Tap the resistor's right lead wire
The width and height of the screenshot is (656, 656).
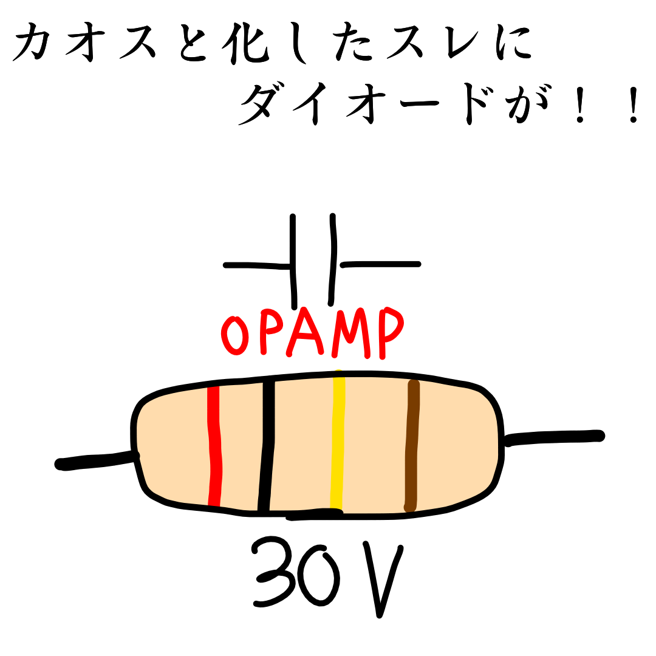click(x=553, y=437)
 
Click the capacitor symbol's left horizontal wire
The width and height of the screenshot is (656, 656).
click(x=255, y=265)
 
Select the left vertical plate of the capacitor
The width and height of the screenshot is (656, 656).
click(x=293, y=261)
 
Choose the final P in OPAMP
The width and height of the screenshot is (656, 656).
click(x=389, y=331)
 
